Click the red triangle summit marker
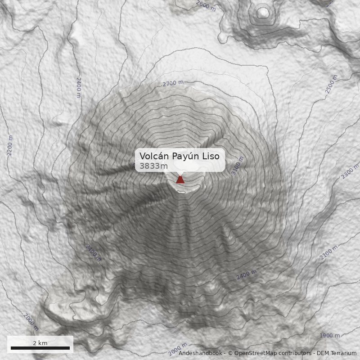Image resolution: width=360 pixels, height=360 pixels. (180, 180)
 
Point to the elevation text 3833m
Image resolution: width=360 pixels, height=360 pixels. (153, 166)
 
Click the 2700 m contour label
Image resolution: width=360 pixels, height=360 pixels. (173, 83)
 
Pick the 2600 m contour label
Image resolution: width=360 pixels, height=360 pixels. (206, 5)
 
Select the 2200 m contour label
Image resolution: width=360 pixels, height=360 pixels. (10, 145)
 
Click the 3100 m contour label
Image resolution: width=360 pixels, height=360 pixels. (237, 165)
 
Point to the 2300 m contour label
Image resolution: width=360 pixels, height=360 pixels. (350, 172)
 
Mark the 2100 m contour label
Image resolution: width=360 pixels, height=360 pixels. (328, 253)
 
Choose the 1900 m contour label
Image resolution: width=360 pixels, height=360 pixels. (329, 336)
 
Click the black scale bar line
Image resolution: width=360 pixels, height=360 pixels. (40, 348)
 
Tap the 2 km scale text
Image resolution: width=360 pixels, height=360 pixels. (40, 343)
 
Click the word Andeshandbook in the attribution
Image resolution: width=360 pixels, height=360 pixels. (200, 353)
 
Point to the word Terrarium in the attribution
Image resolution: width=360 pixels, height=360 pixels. (343, 353)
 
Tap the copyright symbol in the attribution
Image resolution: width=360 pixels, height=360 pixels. (230, 353)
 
